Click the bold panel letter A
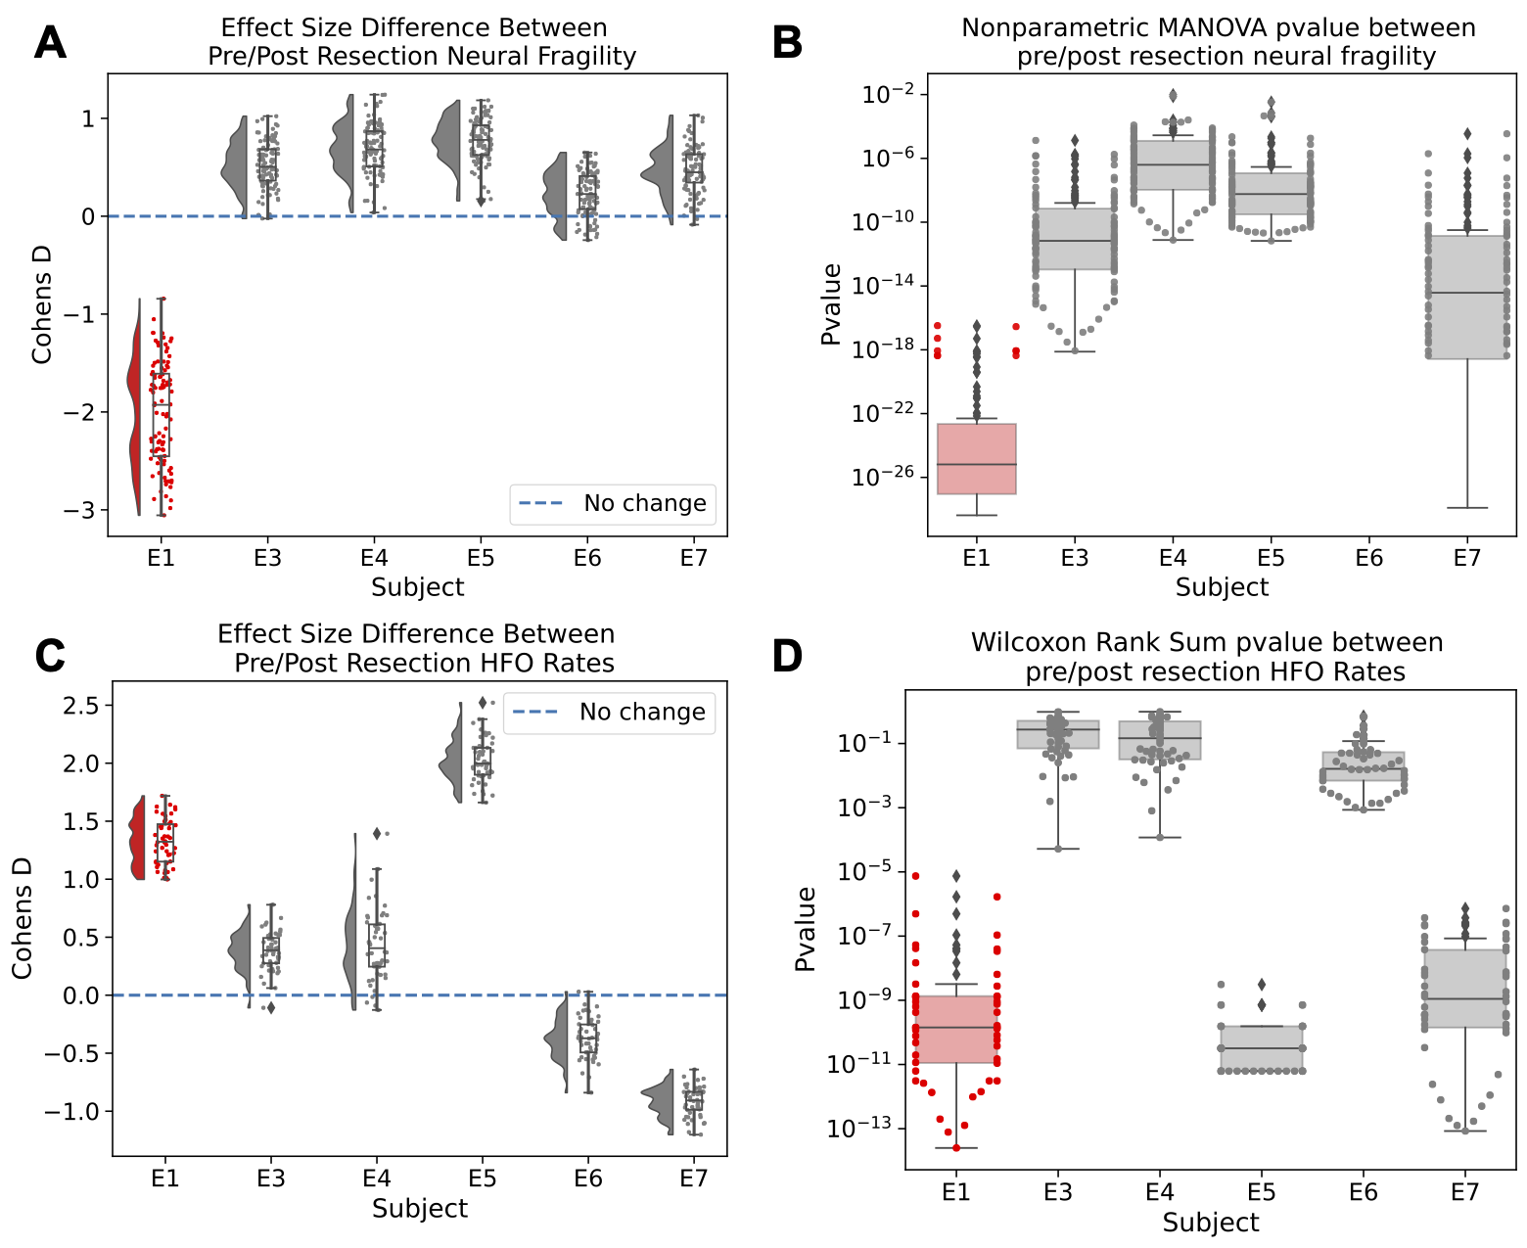[50, 43]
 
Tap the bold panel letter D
[787, 657]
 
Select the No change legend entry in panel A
[613, 503]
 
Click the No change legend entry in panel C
[609, 712]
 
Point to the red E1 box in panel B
[976, 458]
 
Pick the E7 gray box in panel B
[1466, 297]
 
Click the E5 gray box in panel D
[1261, 1047]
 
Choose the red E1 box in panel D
[955, 1029]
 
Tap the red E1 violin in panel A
[136, 411]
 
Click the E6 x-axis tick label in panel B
[1368, 558]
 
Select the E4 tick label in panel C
[377, 1179]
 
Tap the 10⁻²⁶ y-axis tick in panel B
[883, 476]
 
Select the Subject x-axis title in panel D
[1211, 1223]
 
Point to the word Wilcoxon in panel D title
[1028, 642]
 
